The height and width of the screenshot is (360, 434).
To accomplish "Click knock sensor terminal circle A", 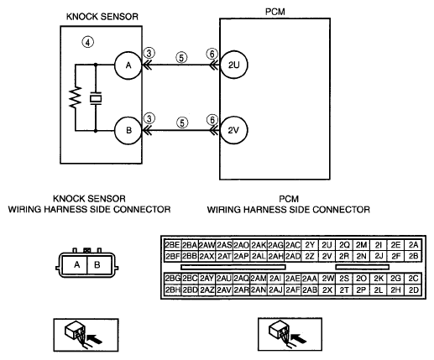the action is coord(128,65).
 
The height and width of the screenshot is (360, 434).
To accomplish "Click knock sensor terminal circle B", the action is coord(128,130).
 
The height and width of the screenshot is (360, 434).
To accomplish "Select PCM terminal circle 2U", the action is coord(233,65).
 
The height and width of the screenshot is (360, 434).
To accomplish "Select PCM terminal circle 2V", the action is coord(233,130).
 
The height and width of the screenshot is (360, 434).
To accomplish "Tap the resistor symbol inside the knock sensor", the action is coord(76,97).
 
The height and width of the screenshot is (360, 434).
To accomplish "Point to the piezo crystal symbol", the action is coord(96,98).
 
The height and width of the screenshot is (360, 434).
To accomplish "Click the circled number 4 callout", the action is coord(88,43).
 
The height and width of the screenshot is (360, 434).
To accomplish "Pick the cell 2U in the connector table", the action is coord(327,245).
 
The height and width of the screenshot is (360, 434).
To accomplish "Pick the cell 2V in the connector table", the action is coord(327,256).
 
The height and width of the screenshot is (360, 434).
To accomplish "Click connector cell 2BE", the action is coord(172,245).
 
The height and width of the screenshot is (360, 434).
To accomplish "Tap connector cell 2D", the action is coord(413,290).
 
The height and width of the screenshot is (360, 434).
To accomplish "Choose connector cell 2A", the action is coord(413,245).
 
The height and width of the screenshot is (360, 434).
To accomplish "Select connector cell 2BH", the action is coord(172,290).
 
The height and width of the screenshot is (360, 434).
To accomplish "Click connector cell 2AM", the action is coord(259,279).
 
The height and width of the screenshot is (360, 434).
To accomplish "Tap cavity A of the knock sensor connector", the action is coord(76,264).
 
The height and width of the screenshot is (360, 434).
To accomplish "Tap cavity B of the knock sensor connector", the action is coord(97,264).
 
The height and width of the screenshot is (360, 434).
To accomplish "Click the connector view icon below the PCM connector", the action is coord(290,334).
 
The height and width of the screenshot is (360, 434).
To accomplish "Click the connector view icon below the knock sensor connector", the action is coord(86,335).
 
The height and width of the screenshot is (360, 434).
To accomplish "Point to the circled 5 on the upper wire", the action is coord(181,58).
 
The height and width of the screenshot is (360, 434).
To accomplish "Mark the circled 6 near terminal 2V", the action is coord(212,120).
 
